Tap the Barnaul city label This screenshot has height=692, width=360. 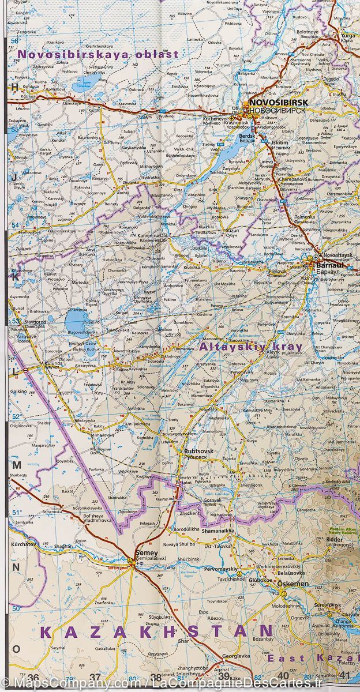(330, 266)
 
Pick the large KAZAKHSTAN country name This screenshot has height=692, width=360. (156, 632)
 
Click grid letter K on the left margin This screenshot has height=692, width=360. (16, 277)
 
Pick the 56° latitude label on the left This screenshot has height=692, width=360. (15, 42)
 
